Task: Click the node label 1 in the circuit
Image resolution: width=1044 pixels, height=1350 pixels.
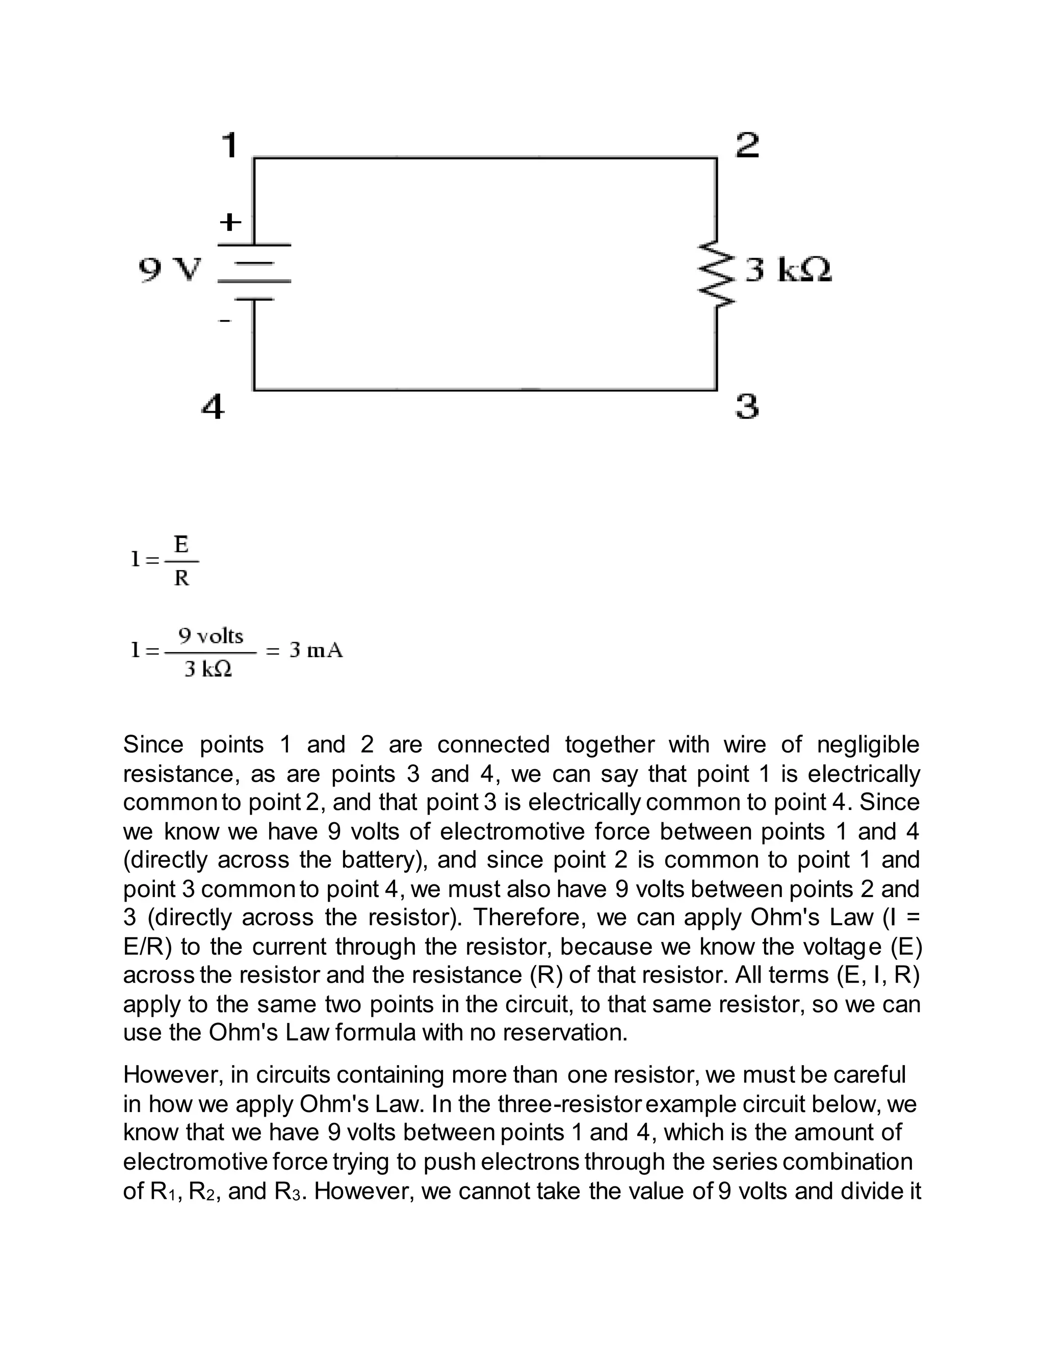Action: [x=229, y=145]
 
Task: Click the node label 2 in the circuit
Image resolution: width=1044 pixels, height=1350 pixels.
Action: [x=747, y=145]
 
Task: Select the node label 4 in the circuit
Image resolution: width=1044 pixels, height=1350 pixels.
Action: [x=213, y=408]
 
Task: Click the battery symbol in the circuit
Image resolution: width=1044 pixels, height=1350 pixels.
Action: [x=254, y=272]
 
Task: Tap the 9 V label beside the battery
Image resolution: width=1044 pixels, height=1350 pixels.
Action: [x=169, y=270]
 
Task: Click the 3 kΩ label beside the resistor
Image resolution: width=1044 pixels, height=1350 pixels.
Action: [x=788, y=270]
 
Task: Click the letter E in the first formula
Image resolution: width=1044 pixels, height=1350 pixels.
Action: [x=181, y=545]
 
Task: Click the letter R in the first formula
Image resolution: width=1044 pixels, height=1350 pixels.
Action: [x=181, y=579]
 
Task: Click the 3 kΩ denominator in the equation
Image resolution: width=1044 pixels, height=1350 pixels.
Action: [x=208, y=669]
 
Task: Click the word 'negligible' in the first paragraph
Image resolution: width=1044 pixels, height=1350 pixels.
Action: [x=868, y=745]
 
